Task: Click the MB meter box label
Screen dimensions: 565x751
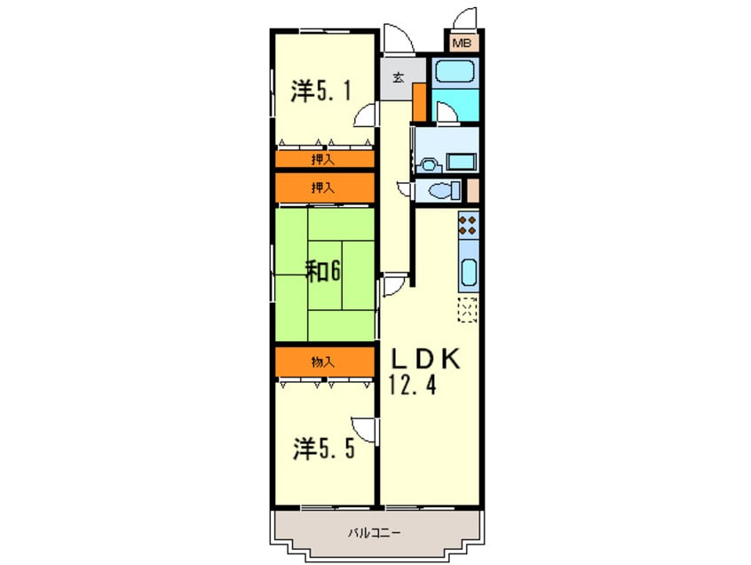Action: [x=462, y=43]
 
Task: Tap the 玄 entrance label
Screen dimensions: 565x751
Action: [x=398, y=77]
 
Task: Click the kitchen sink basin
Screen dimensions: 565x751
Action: [x=468, y=273]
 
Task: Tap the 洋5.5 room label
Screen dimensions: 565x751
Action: [x=324, y=449]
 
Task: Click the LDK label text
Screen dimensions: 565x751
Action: [x=425, y=360]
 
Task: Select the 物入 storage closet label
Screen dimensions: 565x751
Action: [x=323, y=362]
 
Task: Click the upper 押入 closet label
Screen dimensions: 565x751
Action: [x=323, y=160]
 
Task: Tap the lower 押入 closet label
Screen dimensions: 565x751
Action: [x=323, y=187]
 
